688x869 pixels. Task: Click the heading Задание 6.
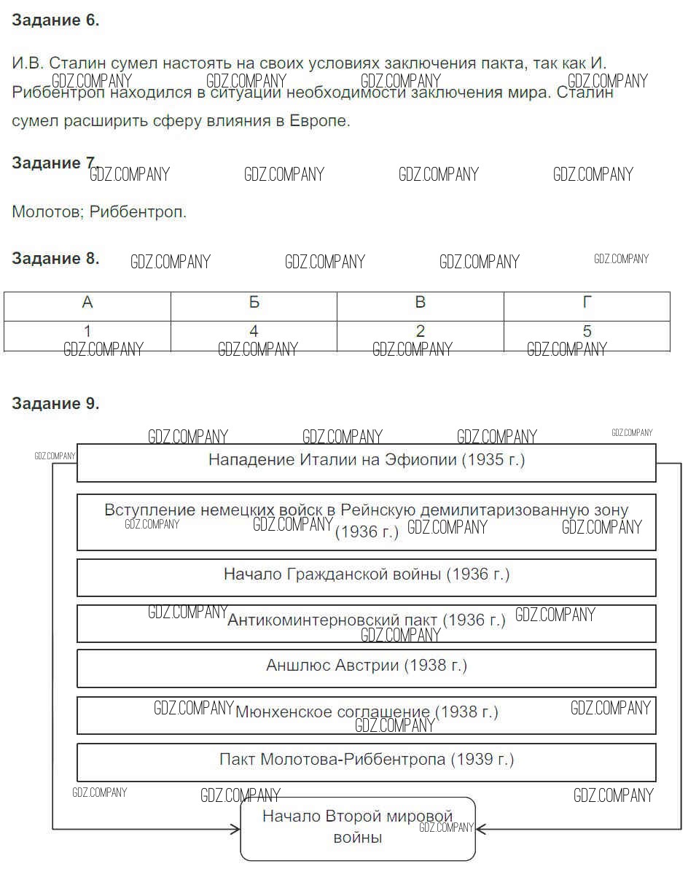click(55, 20)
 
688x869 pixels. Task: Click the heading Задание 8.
click(55, 258)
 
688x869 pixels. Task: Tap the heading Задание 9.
click(55, 403)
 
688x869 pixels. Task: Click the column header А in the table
click(87, 303)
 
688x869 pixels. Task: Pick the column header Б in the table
click(254, 303)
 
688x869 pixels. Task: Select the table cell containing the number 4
click(254, 332)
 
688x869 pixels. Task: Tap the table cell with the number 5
click(587, 332)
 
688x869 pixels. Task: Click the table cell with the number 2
click(420, 332)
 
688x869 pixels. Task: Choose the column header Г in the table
click(587, 303)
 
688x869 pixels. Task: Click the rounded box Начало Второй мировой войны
click(358, 828)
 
